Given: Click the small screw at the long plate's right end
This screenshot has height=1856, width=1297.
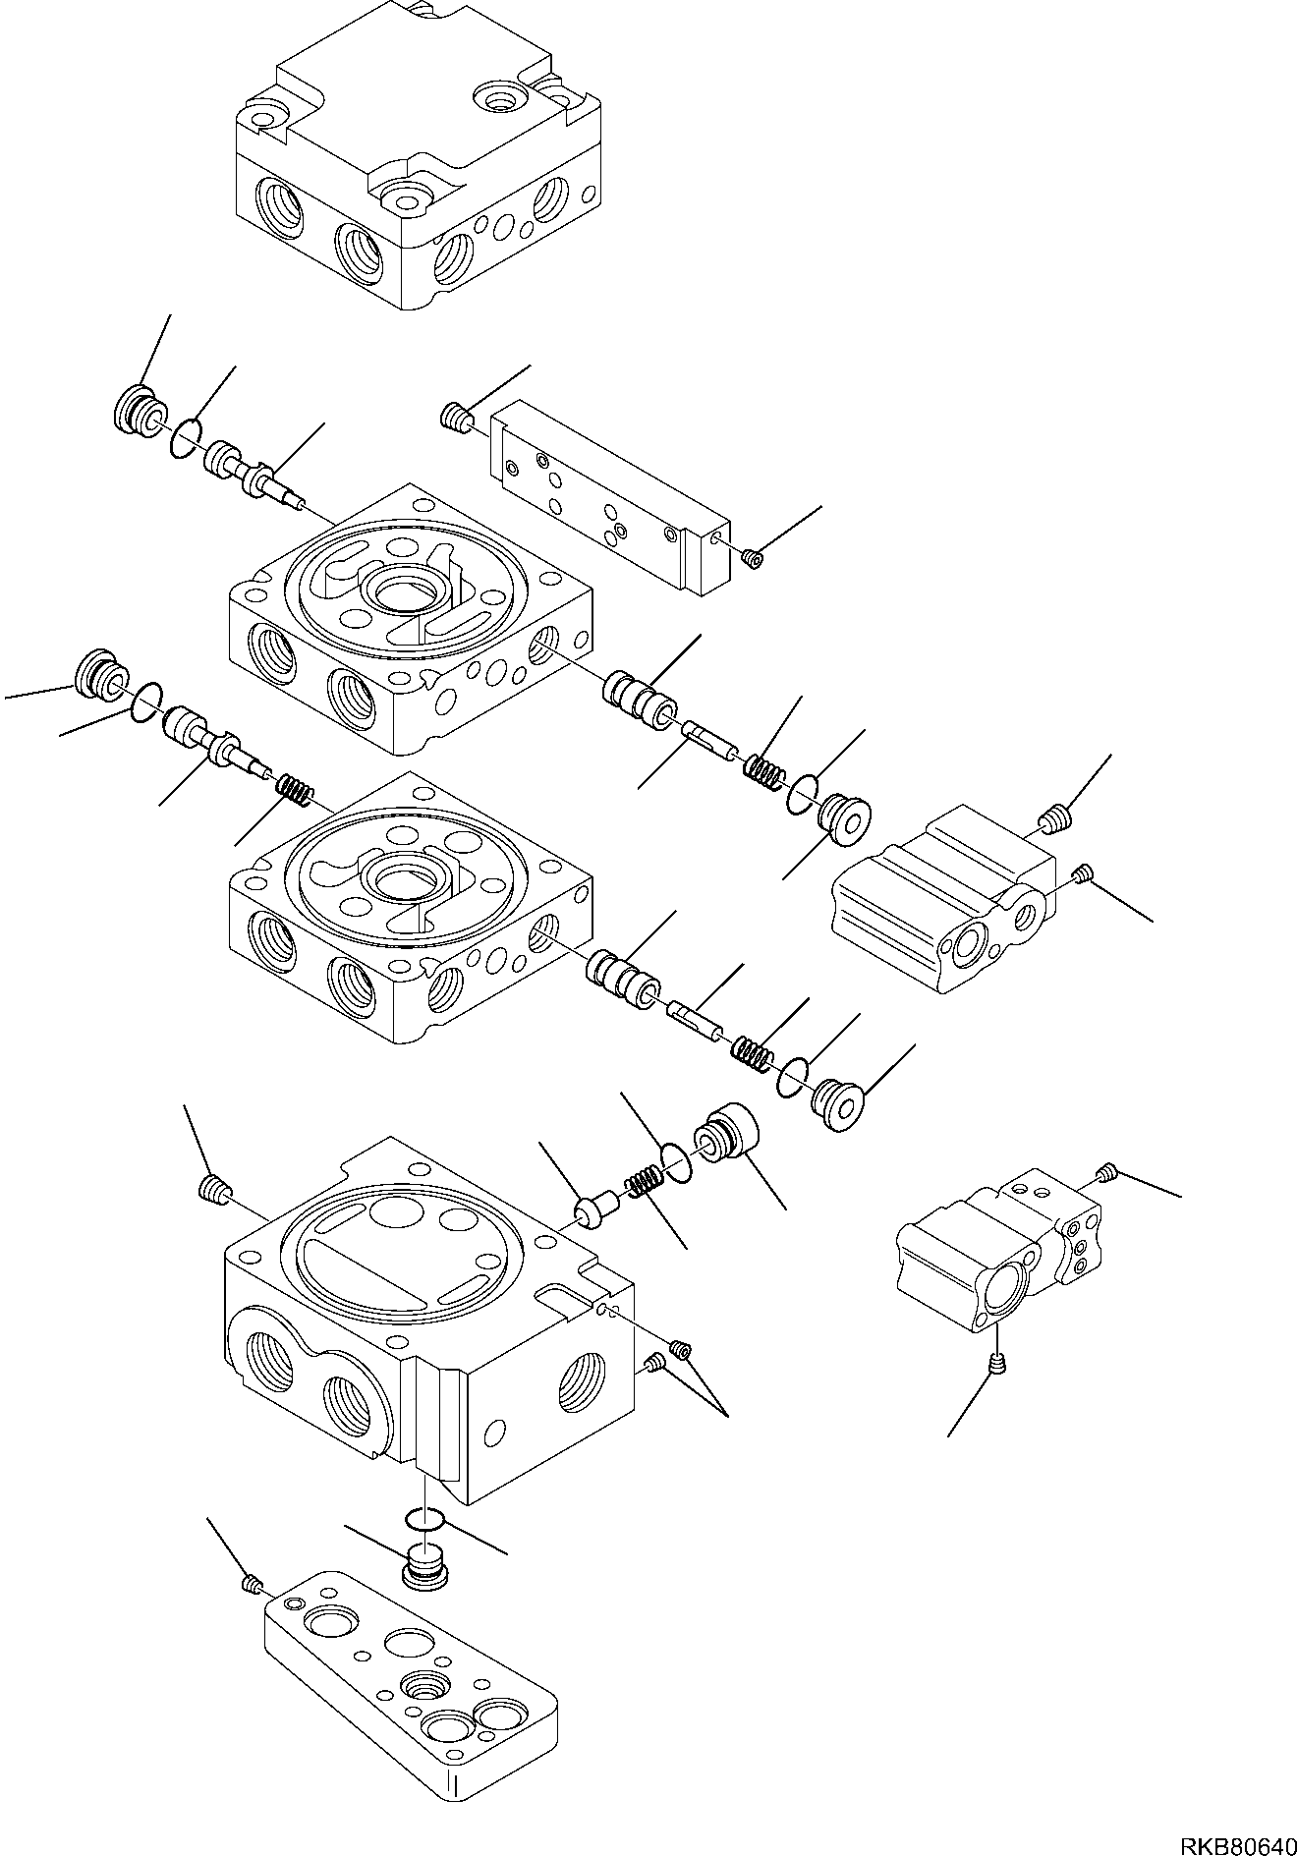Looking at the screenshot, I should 754,558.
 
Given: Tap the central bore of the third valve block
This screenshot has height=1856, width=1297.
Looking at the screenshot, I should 402,879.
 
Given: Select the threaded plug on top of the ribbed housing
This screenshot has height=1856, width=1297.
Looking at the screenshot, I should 1054,815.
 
